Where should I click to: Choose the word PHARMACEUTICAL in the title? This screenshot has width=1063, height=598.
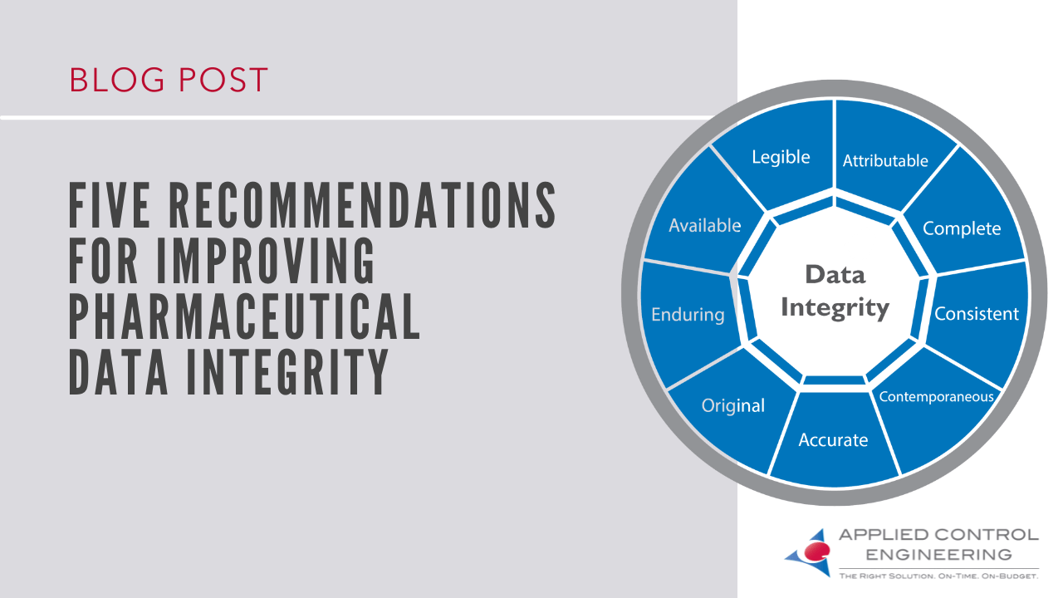pos(244,316)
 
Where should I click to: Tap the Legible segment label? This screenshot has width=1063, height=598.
pos(781,157)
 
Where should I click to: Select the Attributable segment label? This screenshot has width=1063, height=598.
pos(885,161)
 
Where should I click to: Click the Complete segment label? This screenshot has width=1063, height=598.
pos(962,228)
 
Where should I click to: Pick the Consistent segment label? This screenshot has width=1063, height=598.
pos(977,314)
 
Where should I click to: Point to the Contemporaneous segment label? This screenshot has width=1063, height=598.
pos(936,397)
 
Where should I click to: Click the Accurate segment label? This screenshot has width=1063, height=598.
pos(833,440)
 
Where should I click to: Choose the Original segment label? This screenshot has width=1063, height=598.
pos(732,406)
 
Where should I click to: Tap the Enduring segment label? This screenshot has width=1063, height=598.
pos(688,315)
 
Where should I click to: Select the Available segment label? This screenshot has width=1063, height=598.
pos(704,225)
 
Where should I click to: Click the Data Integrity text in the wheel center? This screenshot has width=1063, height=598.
pos(835,292)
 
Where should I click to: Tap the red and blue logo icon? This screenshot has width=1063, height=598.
pos(808,551)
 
